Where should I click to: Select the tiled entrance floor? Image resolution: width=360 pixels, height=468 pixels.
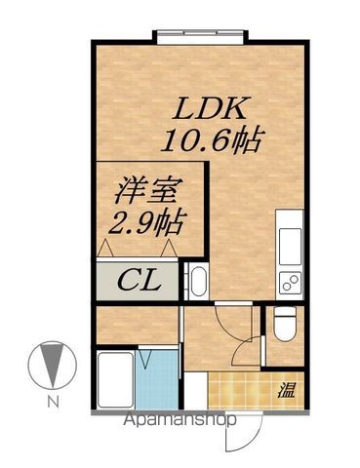coord(242,392)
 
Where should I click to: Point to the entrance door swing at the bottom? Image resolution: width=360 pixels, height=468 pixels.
coord(250,433)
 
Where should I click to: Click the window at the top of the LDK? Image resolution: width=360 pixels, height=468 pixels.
coord(200,37)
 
